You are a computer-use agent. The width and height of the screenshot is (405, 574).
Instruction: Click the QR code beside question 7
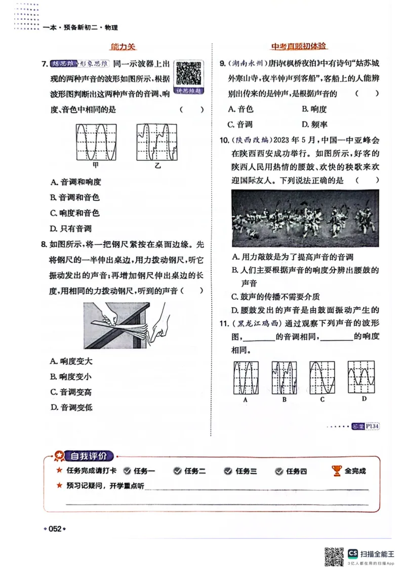tap(188, 74)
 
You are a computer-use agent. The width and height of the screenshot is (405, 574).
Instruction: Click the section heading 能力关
tap(123, 47)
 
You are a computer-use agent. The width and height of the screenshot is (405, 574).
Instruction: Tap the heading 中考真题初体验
tap(299, 47)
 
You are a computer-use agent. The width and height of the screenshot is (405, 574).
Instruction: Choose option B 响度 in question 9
tap(314, 109)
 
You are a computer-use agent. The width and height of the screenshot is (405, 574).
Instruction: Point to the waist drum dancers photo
tap(305, 218)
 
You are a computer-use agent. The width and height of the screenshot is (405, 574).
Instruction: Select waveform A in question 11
tap(246, 377)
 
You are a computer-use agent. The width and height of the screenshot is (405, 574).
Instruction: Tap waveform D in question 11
tap(360, 377)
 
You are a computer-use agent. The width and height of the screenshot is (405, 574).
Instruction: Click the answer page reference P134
tap(372, 426)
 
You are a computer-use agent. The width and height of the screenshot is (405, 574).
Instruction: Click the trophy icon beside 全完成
tap(337, 471)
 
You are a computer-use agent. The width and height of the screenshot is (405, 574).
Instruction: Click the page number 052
tap(55, 529)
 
